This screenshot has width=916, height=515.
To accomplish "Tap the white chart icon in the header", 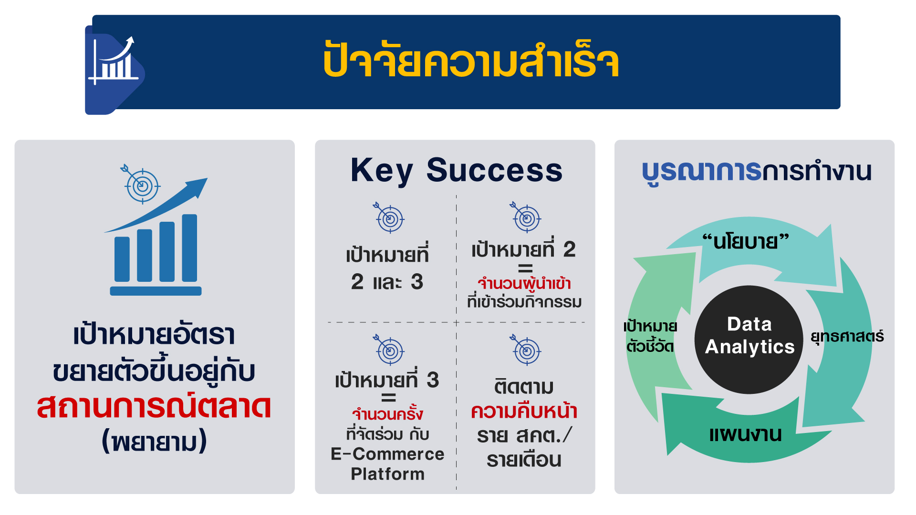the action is [x=114, y=61].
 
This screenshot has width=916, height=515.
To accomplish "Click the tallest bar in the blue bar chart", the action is [x=189, y=248].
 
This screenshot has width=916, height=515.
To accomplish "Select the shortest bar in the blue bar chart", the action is [x=122, y=259].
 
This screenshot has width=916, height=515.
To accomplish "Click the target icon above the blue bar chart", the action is [x=141, y=184].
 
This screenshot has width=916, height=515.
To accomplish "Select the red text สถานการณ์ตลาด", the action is [x=154, y=407].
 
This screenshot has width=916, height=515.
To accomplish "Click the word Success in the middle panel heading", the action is [x=495, y=171].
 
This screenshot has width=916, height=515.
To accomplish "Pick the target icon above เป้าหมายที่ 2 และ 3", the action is [x=389, y=217].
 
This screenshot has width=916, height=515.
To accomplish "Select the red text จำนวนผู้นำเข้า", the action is [x=524, y=284].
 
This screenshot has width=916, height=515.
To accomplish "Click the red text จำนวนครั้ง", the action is [x=388, y=413].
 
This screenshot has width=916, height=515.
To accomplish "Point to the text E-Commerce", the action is [x=387, y=454].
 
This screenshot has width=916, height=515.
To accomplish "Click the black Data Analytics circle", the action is [x=749, y=340].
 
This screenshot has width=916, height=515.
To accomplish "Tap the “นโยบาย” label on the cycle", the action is [x=746, y=242].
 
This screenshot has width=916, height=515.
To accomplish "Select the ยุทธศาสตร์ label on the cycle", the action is [x=847, y=337].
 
